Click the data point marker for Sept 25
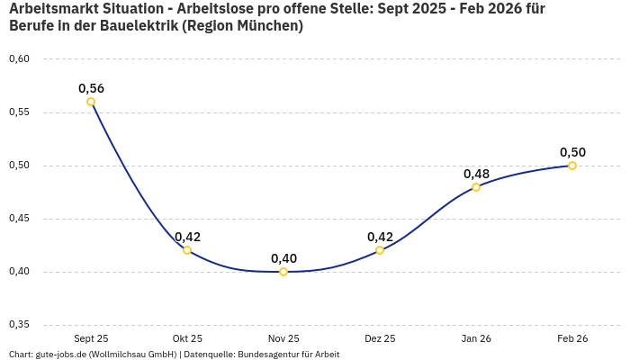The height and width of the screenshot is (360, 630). coord(91,102)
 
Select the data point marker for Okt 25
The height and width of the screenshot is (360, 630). coord(187,250)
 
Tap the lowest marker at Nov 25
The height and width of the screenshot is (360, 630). coord(283,272)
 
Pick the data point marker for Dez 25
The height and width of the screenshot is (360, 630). coord(380,250)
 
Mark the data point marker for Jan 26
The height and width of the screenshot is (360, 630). coord(476,187)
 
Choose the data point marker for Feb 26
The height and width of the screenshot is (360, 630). coord(572,166)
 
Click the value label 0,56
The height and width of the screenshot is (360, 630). coord(91,88)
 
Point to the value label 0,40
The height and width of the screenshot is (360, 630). coord(283,258)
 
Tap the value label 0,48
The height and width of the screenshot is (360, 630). coord(476,174)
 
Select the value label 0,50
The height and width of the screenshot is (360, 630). coord(572,152)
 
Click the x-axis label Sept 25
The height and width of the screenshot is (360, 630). coord(91,338)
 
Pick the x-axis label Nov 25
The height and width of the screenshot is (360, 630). coord(283,338)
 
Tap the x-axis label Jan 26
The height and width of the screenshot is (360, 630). coord(476,338)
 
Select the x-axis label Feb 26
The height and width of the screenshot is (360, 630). coord(572,338)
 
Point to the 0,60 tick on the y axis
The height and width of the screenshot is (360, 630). coord(19,59)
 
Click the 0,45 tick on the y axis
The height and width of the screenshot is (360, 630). coord(19,219)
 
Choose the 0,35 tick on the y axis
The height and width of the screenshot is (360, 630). coord(19,324)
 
